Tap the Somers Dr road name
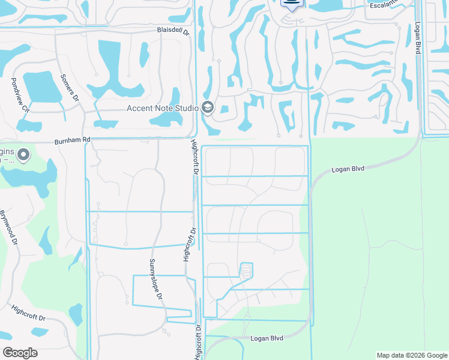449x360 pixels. click(70, 87)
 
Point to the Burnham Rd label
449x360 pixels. click(72, 140)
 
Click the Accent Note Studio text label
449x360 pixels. click(162, 108)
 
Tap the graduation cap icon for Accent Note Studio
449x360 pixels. click(208, 108)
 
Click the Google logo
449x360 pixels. click(20, 352)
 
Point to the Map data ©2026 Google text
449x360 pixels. click(411, 355)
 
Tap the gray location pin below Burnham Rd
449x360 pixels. click(24, 155)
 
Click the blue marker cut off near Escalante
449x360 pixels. click(292, 4)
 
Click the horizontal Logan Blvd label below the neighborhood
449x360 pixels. click(267, 339)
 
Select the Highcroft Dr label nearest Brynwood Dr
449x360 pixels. click(28, 313)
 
